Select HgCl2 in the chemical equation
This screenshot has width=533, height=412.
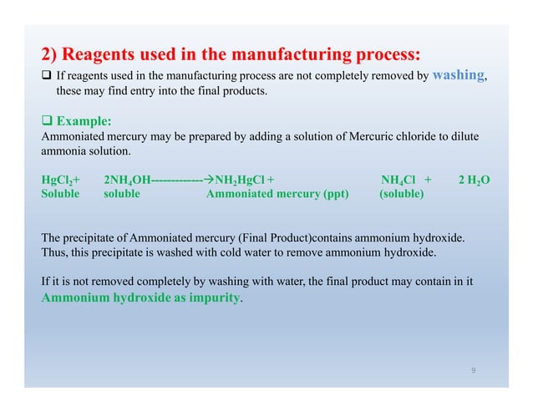click(x=58, y=180)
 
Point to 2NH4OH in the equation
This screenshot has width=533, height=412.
click(x=123, y=180)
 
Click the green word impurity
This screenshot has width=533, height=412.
click(x=209, y=297)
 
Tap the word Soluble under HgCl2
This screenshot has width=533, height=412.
click(x=60, y=194)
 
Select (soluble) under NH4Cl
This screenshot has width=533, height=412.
click(x=401, y=194)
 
